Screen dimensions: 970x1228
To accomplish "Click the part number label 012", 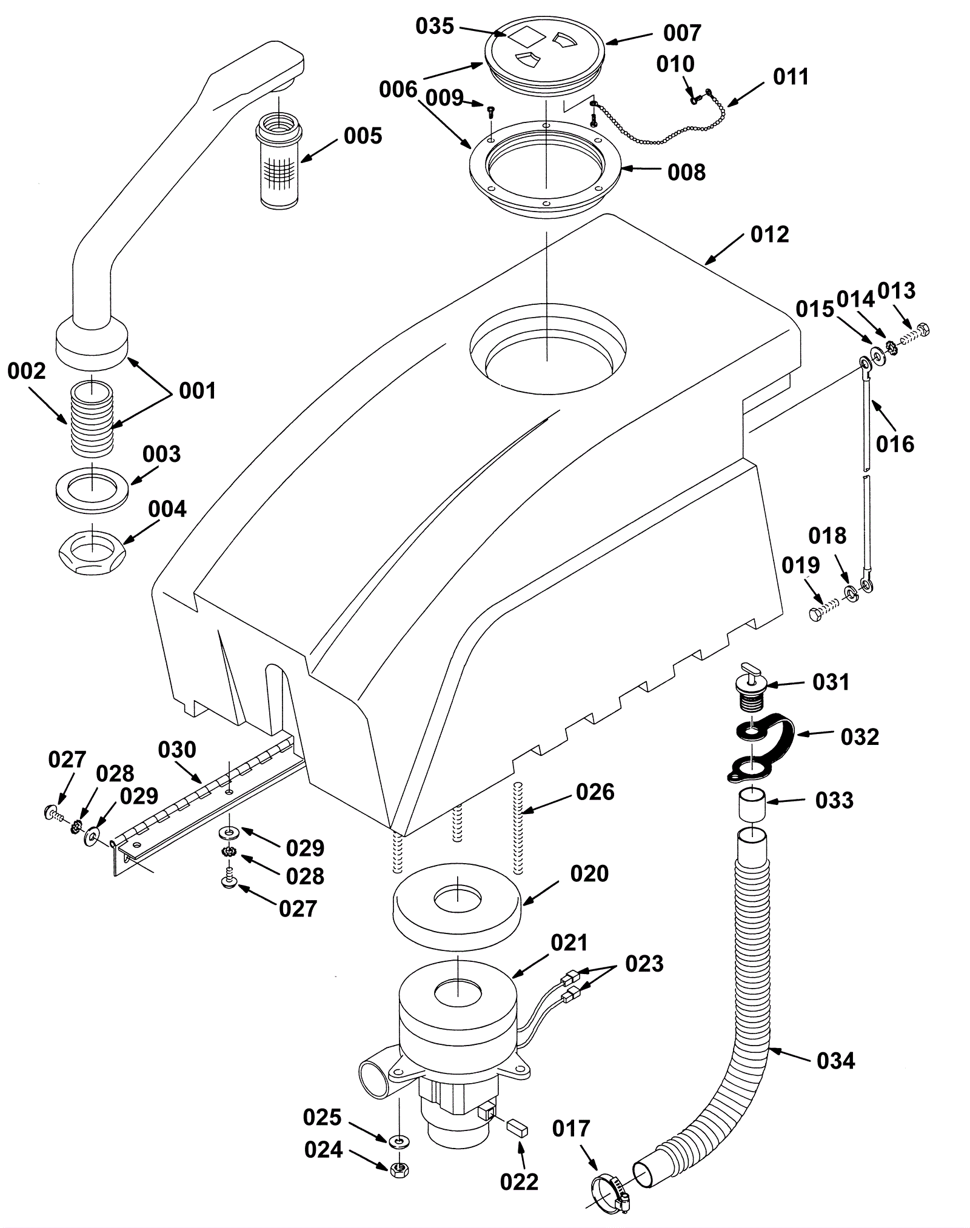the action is [769, 235].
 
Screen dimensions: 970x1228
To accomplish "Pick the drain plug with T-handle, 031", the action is [750, 686].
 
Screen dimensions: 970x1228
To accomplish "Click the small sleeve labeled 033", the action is [752, 804].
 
